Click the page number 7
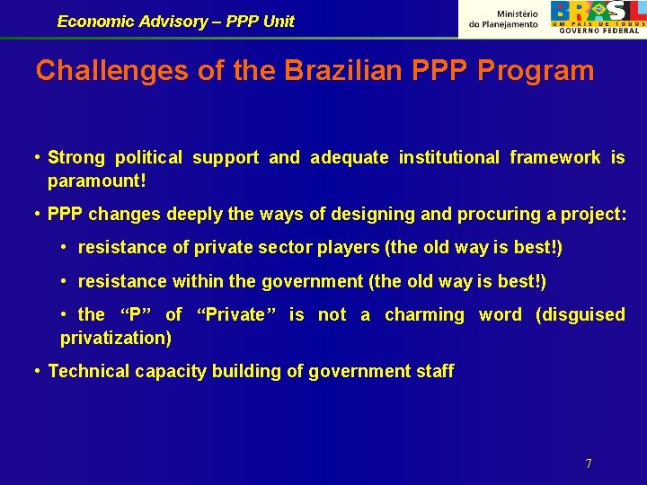point(589,463)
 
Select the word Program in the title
point(543,71)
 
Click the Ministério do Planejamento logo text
point(504,19)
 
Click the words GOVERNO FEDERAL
point(599,31)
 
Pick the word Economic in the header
point(94,22)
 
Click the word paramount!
point(97,181)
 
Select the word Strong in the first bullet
point(76,158)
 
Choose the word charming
point(424,314)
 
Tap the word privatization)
point(116,338)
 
